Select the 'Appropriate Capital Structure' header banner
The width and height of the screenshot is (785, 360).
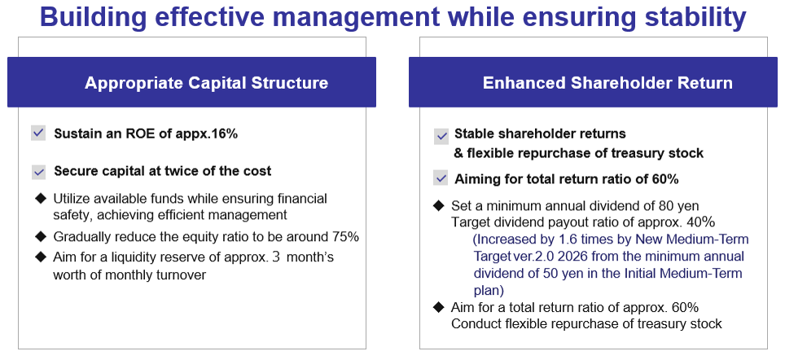tap(191, 82)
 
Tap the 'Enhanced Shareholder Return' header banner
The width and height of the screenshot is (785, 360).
tap(593, 82)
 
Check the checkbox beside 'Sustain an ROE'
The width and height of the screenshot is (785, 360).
tap(38, 134)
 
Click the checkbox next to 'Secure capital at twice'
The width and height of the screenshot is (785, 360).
tap(38, 171)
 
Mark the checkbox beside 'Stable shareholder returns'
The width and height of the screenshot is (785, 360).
tap(441, 135)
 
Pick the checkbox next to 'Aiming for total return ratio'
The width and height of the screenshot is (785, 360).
tap(441, 178)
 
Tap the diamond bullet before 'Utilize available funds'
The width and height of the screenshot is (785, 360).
tap(40, 199)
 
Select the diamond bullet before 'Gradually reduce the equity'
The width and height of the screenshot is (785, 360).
tap(40, 236)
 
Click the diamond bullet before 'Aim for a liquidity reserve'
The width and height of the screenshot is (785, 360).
tap(40, 257)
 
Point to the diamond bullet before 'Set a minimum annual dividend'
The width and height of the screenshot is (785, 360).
tap(439, 205)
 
